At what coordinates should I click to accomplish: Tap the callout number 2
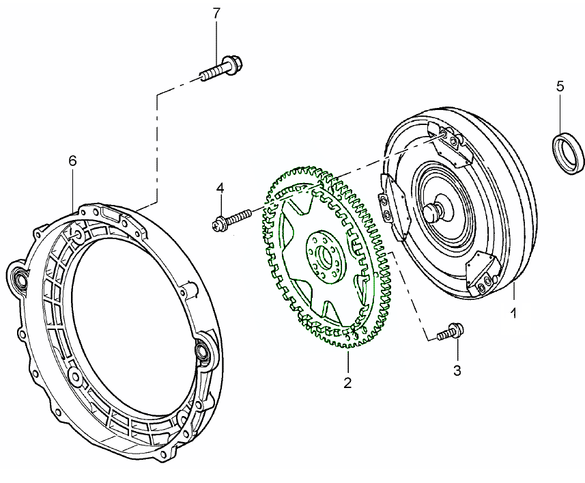[347, 383]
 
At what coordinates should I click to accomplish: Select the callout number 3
[457, 371]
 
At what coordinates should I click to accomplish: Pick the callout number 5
[560, 87]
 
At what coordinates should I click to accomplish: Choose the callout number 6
[73, 161]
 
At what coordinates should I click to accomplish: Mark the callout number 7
[217, 13]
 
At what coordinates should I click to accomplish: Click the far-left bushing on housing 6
[20, 277]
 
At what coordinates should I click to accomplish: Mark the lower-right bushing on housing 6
[203, 350]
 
